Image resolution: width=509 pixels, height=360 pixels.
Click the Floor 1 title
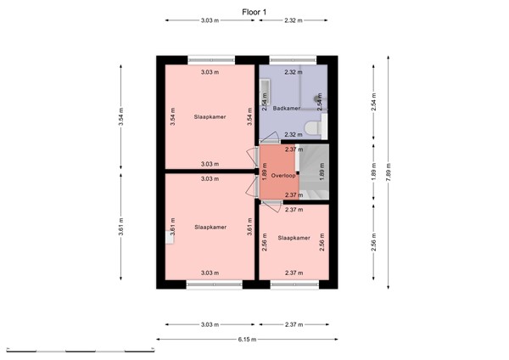(x=254, y=12)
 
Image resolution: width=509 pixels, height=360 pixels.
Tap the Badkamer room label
(x=287, y=109)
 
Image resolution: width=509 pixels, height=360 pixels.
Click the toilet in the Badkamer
(x=315, y=127)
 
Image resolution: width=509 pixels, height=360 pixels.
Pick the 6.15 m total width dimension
(x=247, y=340)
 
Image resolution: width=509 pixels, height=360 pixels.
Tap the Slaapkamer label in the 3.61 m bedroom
(x=210, y=228)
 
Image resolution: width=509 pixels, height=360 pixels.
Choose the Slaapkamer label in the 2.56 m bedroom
(x=294, y=239)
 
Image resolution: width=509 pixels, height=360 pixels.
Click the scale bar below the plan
(x=81, y=349)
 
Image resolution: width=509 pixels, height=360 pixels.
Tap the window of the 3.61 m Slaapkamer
(x=211, y=284)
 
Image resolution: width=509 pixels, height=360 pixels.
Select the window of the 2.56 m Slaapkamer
(x=294, y=284)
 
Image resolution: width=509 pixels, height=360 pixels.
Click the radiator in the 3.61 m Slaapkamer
(x=170, y=240)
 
